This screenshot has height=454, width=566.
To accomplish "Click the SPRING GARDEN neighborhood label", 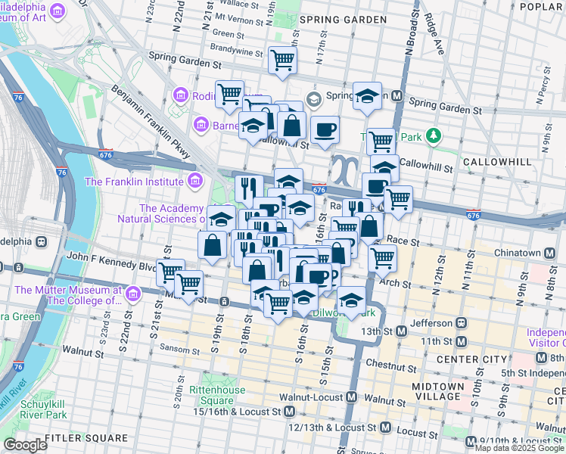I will [x=337, y=18].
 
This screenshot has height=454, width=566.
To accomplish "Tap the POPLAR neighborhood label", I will [x=542, y=6].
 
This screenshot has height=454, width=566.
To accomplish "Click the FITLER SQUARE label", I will [x=86, y=438].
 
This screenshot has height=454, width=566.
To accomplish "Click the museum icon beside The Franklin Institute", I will [x=195, y=181].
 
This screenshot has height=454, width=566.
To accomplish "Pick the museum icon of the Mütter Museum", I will [x=134, y=293].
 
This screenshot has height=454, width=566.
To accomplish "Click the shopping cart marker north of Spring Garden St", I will [x=282, y=59].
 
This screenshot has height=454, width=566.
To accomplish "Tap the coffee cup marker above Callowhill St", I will [x=325, y=128].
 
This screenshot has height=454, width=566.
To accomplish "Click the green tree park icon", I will [x=433, y=136].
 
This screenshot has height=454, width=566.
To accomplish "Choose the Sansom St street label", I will [x=179, y=348].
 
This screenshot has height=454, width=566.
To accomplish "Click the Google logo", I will [x=25, y=445].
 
